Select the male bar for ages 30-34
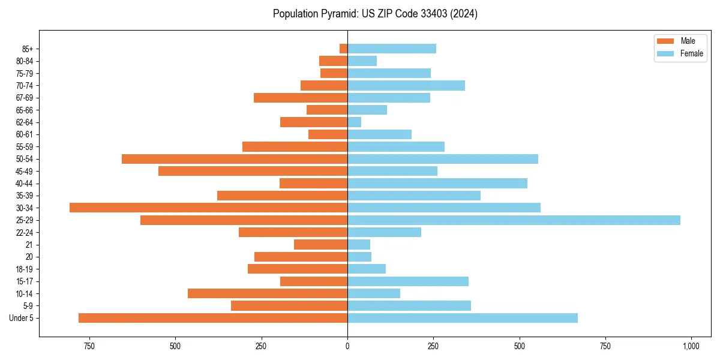point(208,208)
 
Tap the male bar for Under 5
point(213,318)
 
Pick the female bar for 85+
point(392,49)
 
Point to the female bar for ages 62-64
point(355,122)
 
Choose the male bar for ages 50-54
point(235,159)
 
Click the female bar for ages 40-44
point(437,184)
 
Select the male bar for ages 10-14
point(268,293)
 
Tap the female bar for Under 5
point(463,318)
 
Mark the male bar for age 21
point(320,245)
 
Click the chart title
point(375,14)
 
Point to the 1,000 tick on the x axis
point(691,346)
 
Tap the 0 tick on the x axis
point(347,346)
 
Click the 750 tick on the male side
point(89,346)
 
